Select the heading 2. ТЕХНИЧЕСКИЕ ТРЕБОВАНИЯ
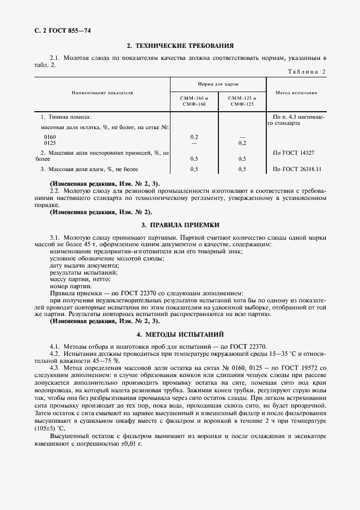click(180, 46)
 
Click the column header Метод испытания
click(296, 93)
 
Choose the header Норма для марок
click(218, 84)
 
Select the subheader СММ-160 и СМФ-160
click(194, 101)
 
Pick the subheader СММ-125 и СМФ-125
click(242, 101)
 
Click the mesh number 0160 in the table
click(49, 137)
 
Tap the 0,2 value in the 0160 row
click(194, 137)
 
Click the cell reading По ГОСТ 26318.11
click(297, 169)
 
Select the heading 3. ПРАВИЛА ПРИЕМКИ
click(180, 224)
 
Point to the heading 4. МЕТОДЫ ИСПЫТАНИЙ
click(180, 333)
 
